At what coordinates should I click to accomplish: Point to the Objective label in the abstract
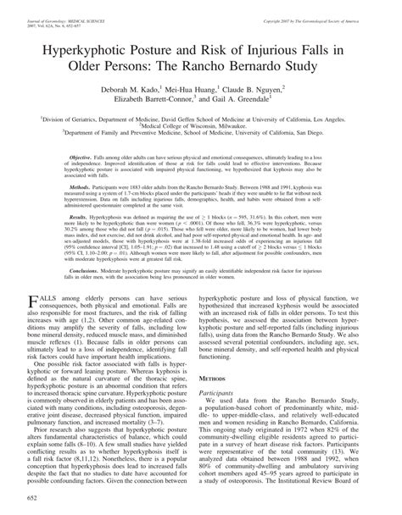[x=81, y=158]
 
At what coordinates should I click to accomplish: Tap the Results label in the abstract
[x=80, y=217]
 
